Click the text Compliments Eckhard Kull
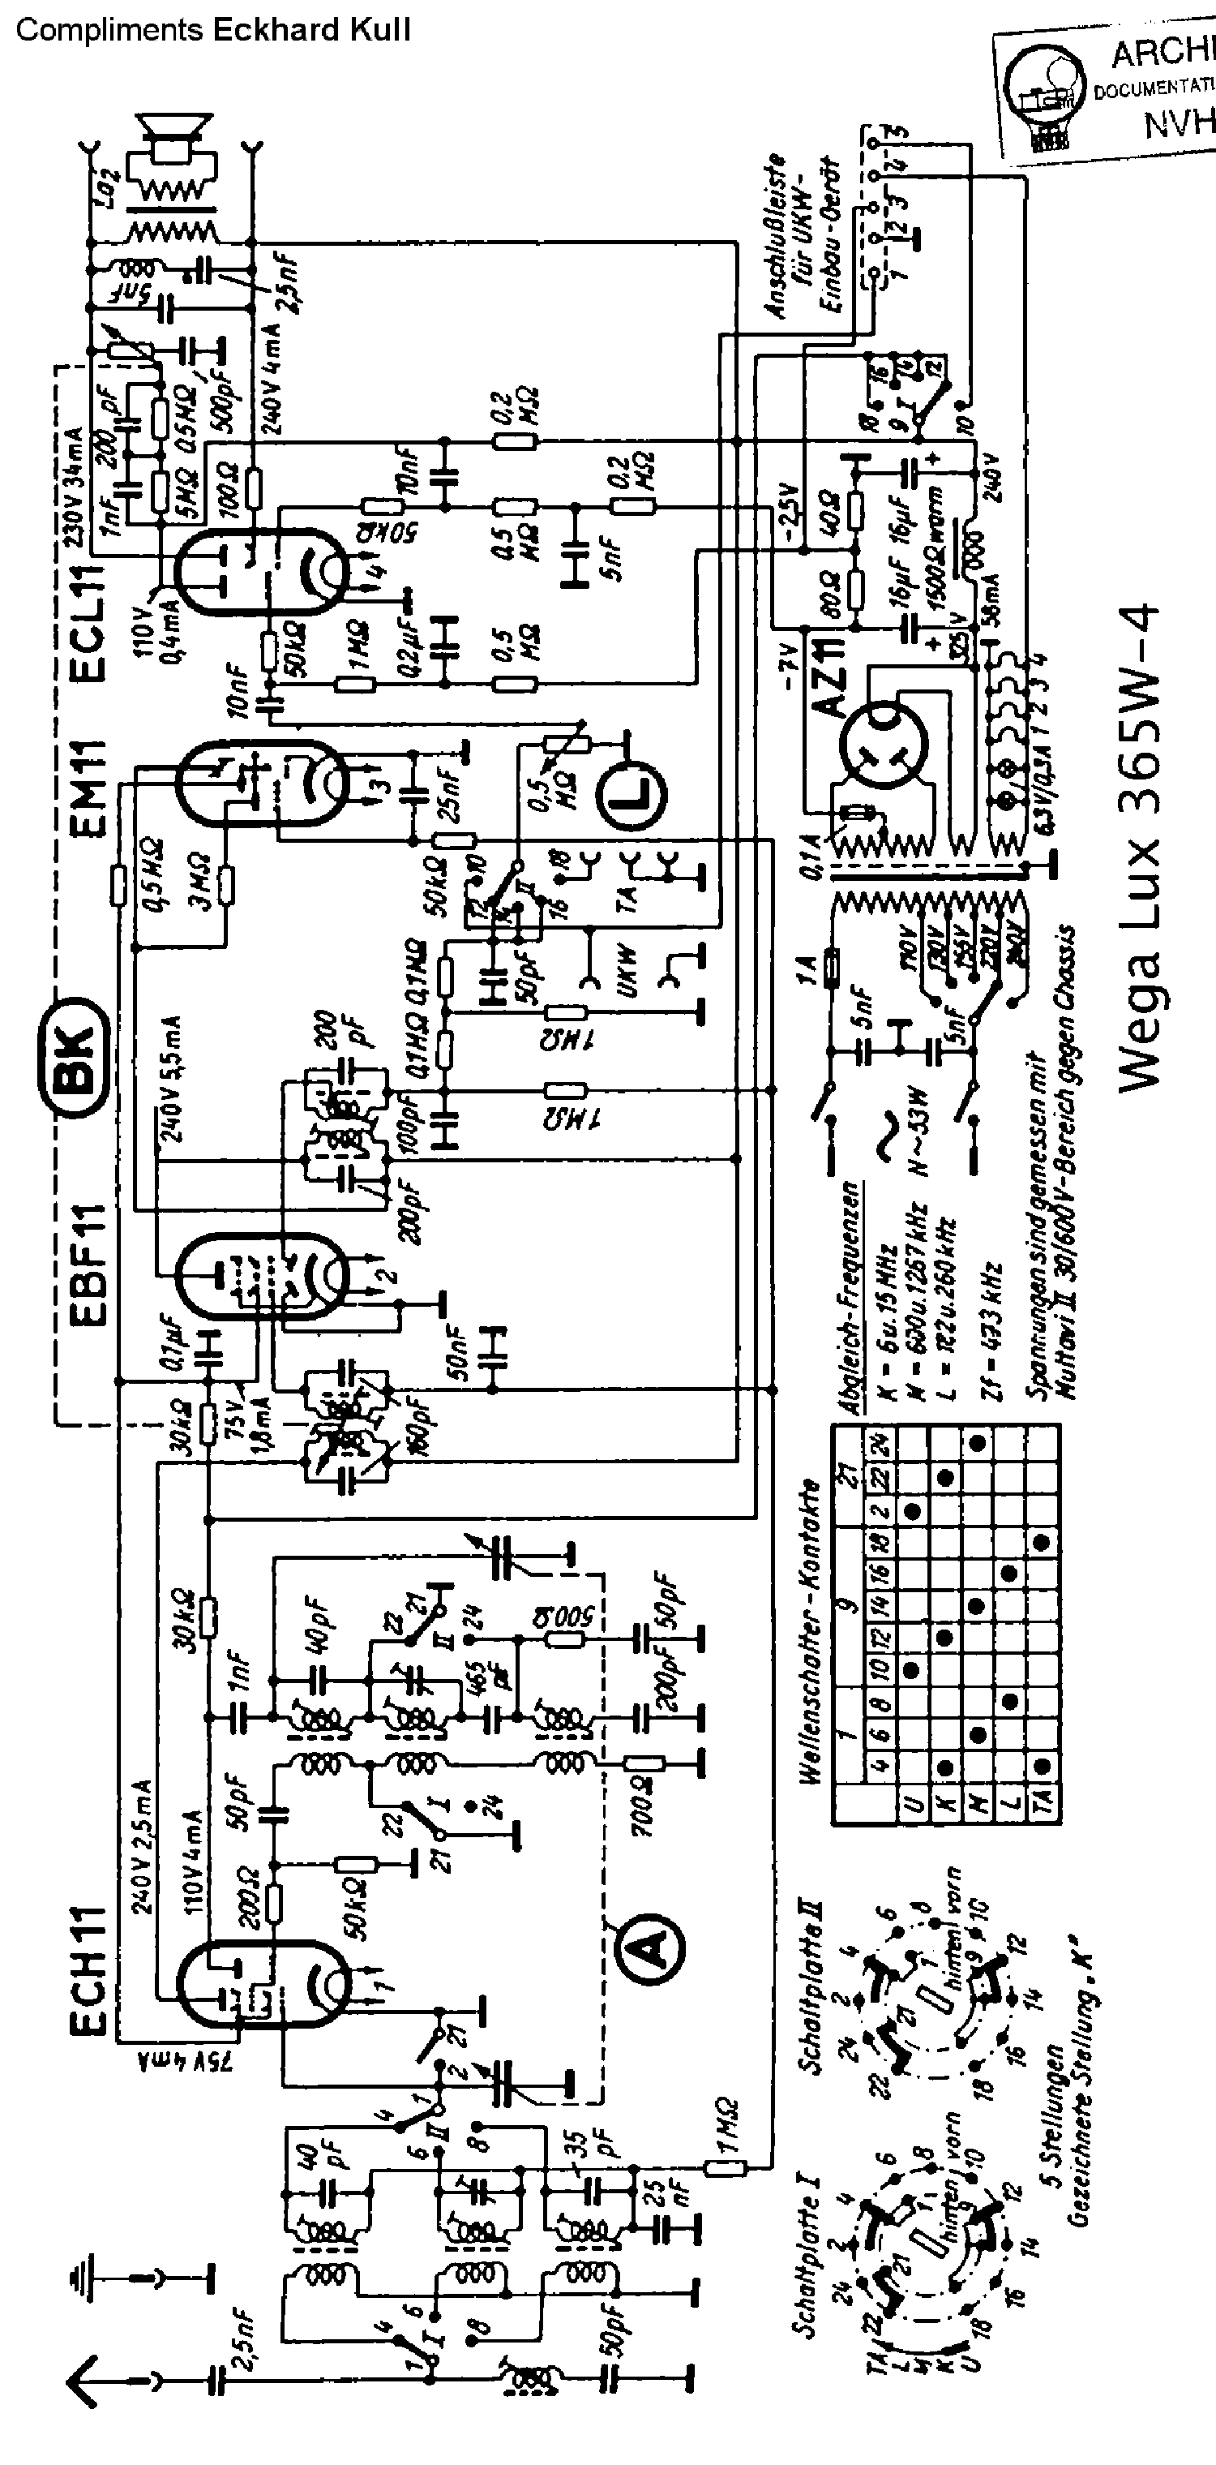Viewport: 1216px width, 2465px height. tap(212, 31)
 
